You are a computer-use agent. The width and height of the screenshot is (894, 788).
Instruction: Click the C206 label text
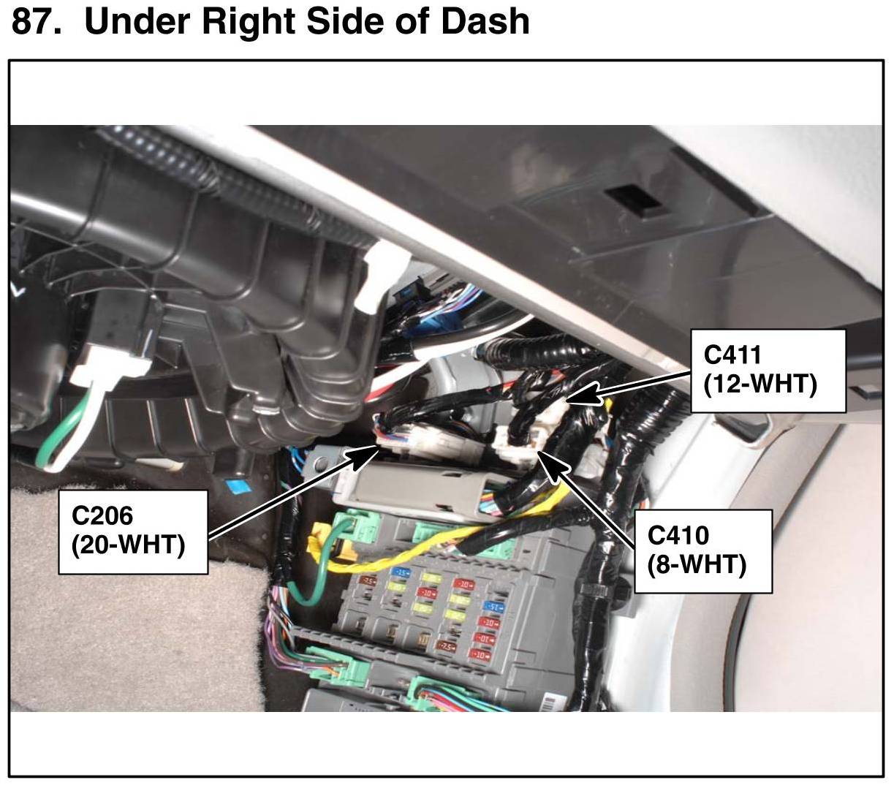coord(102,515)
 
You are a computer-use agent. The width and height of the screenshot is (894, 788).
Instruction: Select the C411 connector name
coord(732,355)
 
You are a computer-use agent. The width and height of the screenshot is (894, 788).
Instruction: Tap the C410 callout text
coord(678,535)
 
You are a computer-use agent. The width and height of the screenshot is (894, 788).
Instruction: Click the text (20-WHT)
coord(128,545)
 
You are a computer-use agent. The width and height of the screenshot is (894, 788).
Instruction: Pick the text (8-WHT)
coord(697,564)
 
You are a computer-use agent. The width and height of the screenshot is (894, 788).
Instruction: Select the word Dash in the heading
coord(484,20)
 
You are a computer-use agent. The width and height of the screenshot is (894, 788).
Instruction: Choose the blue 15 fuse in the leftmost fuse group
coord(401,572)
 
